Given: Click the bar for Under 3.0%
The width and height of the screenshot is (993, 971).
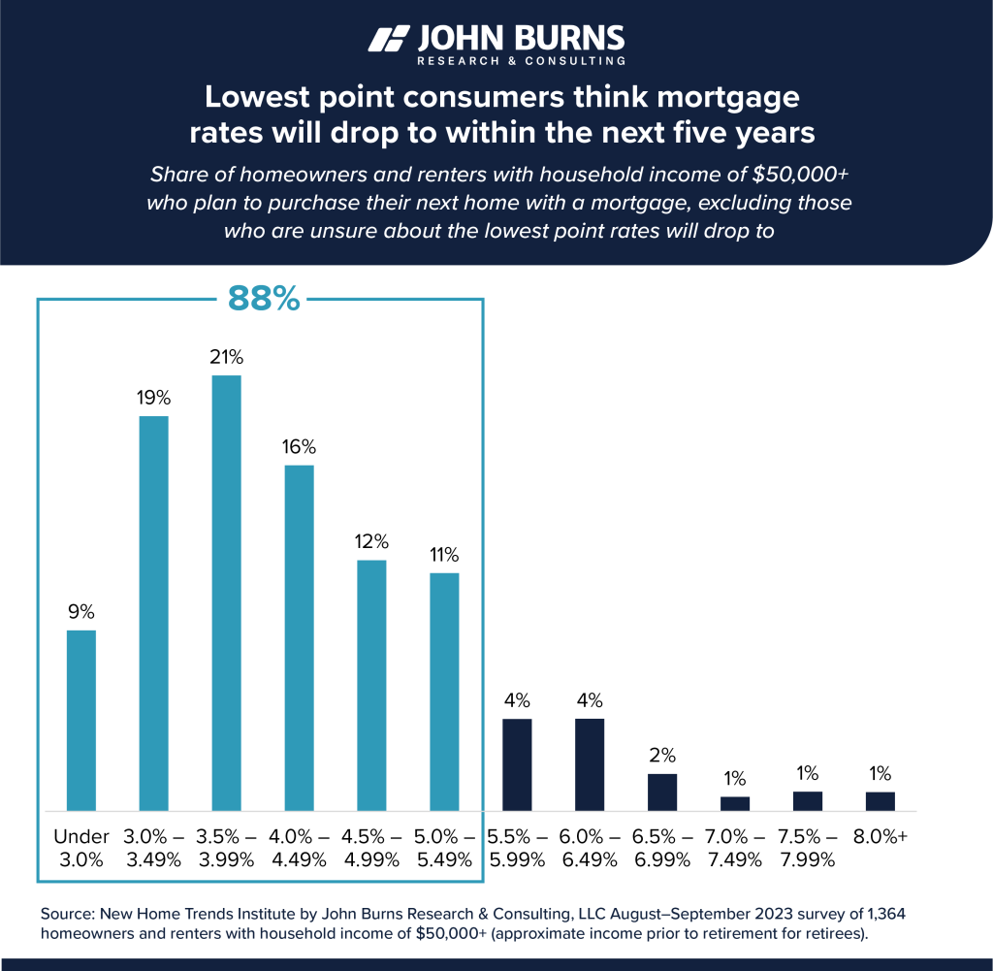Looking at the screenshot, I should click(80, 720).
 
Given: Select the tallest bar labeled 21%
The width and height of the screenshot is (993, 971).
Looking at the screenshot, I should click(226, 592).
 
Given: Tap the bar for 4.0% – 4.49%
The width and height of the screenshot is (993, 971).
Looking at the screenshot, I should click(299, 637).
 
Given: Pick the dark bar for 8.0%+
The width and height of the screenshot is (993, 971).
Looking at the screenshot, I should click(880, 801).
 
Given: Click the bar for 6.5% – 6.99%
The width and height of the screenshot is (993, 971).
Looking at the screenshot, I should click(662, 792).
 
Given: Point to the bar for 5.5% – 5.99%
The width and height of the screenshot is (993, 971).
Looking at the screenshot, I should click(517, 764).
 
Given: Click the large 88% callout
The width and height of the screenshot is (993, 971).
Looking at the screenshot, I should click(264, 299).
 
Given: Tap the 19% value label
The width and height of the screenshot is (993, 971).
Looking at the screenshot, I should click(153, 397).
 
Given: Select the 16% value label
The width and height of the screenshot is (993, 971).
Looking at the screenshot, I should click(299, 447).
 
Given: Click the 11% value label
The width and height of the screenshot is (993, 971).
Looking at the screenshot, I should click(444, 555).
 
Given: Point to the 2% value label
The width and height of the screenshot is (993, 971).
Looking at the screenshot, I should click(662, 755).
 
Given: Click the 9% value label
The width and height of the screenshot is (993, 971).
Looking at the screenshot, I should click(80, 612).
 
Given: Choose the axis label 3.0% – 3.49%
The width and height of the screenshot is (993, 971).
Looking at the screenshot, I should click(153, 847).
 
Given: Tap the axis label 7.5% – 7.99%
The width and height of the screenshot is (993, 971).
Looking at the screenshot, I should click(808, 847).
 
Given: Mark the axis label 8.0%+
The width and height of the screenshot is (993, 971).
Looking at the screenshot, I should click(880, 836).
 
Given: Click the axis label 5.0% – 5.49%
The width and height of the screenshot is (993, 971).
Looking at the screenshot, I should click(444, 847).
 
